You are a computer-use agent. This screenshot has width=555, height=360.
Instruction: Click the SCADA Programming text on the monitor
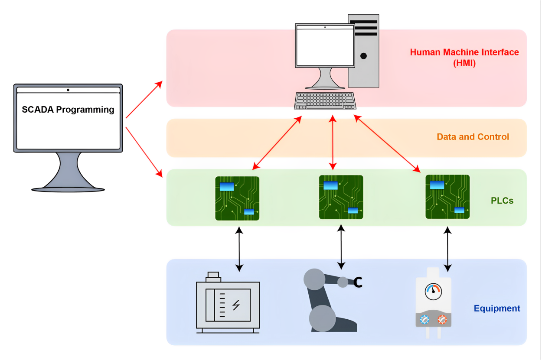click(x=68, y=110)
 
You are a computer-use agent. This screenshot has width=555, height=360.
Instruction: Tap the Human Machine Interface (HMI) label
click(x=464, y=57)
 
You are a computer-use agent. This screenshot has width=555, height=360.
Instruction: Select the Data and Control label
click(x=473, y=137)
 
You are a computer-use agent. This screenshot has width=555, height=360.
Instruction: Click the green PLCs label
click(x=502, y=201)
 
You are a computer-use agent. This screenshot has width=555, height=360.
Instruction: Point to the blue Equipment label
click(x=497, y=308)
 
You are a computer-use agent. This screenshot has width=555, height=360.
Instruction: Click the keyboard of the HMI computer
click(x=325, y=101)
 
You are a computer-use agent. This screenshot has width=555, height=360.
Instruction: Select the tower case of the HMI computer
click(x=363, y=51)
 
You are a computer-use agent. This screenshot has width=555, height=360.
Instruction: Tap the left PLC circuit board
click(x=237, y=198)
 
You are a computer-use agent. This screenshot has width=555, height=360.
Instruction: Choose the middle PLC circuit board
click(x=341, y=197)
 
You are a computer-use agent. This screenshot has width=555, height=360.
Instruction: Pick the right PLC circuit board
click(x=447, y=197)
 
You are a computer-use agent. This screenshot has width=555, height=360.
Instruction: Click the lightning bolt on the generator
click(x=236, y=305)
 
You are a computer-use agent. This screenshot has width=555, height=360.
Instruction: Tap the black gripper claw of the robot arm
click(x=358, y=282)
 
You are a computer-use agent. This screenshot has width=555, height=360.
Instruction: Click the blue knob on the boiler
click(x=424, y=320)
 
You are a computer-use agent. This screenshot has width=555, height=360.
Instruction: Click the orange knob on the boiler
click(x=442, y=320)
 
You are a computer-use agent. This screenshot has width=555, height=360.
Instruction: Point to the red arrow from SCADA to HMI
click(x=144, y=99)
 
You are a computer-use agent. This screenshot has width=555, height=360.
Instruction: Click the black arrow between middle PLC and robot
click(x=341, y=246)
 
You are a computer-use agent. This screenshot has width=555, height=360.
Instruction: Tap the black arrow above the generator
click(x=238, y=249)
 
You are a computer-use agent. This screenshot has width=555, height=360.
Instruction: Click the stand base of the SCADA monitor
click(x=68, y=188)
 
